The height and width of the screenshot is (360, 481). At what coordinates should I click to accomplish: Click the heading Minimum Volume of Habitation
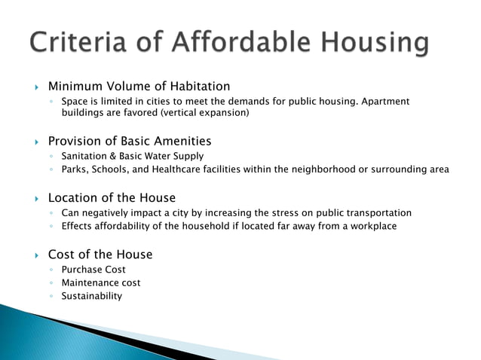click(x=139, y=87)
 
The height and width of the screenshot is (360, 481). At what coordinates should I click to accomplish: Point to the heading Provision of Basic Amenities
click(x=129, y=141)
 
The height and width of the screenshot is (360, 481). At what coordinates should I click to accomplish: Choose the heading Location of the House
click(x=111, y=198)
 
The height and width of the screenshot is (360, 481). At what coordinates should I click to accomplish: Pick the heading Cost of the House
click(x=100, y=255)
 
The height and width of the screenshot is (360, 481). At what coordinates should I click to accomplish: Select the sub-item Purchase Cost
click(x=93, y=270)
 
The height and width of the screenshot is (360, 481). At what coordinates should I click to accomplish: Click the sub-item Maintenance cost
click(x=100, y=283)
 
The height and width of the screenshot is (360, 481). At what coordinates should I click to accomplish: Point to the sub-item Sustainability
click(x=91, y=296)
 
